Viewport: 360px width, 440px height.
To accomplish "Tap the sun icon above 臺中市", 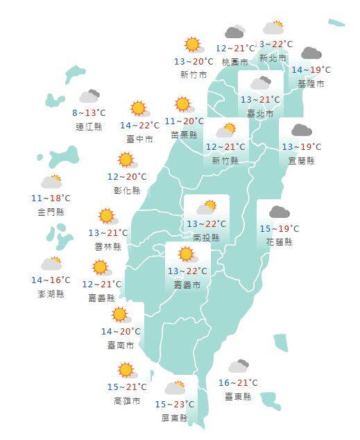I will click(139, 108).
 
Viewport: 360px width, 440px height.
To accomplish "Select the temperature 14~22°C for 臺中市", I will click(139, 126).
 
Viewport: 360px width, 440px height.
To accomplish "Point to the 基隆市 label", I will click(311, 83).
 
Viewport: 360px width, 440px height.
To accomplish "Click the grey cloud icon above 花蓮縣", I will click(279, 212).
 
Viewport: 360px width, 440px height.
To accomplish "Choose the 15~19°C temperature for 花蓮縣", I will click(279, 228).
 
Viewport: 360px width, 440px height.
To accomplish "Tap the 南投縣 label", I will click(206, 237).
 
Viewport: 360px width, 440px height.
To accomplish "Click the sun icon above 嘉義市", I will click(186, 254).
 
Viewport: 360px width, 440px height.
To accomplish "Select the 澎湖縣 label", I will click(51, 294).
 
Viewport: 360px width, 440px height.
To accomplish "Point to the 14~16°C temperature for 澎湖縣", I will click(51, 280).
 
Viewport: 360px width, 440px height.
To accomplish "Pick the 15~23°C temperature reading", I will click(174, 405).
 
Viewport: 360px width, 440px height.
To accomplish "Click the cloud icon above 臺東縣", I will click(238, 366).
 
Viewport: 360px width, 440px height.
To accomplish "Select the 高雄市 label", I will click(127, 401).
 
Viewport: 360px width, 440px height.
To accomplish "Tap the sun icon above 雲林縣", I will click(106, 216).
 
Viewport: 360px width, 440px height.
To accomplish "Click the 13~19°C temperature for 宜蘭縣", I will click(301, 147).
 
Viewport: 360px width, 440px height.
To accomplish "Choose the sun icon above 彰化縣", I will click(126, 160).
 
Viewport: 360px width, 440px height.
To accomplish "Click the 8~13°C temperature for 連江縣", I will click(89, 113).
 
